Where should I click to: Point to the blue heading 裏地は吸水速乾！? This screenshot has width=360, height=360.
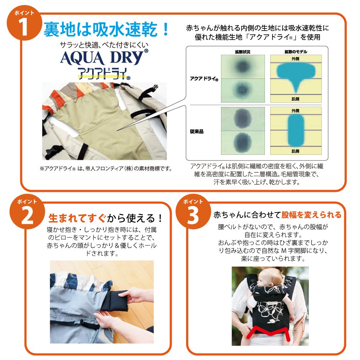106,30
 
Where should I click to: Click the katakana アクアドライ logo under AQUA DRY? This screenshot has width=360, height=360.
104,74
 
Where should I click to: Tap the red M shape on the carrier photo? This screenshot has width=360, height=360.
270,333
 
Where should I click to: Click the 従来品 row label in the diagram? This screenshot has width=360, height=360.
197,131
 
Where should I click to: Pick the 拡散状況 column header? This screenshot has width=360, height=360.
242,52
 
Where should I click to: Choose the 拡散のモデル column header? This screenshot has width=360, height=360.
296,52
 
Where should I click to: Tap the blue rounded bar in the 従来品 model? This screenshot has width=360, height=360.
296,130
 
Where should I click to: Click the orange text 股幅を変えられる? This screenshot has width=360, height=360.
311,215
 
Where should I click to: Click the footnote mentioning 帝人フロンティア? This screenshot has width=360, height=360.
106,168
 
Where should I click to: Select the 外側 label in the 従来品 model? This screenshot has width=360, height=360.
295,111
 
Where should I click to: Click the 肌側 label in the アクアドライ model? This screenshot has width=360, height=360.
295,99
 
